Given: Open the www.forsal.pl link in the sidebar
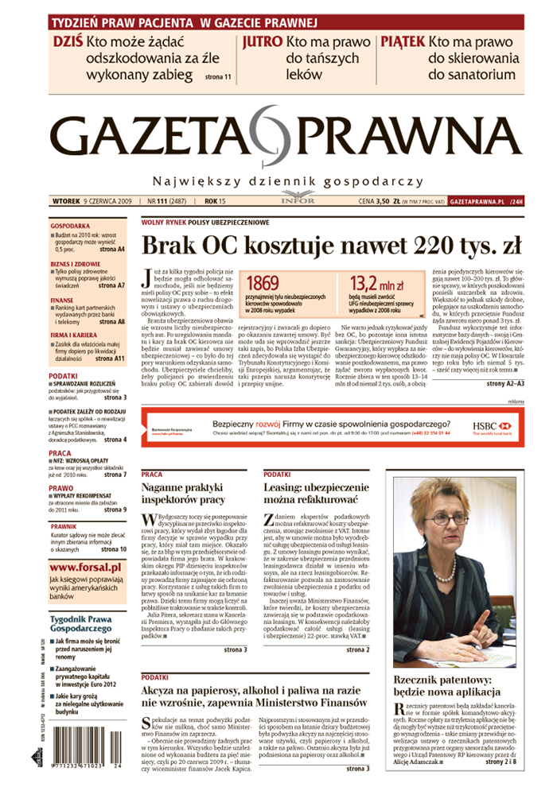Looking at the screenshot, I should pyautogui.click(x=85, y=568).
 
